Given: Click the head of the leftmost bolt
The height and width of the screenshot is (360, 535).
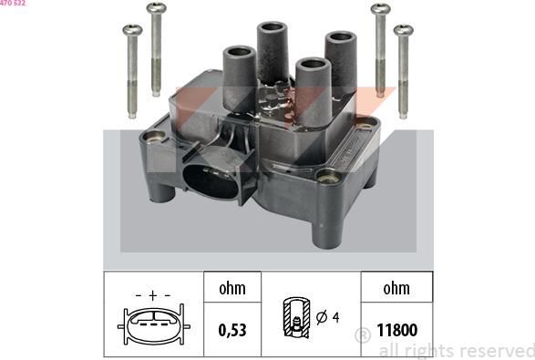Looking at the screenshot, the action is point(132,30).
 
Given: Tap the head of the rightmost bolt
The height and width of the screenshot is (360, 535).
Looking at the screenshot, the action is point(403,30).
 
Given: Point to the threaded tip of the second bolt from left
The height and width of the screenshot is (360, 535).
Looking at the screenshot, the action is point(156,91).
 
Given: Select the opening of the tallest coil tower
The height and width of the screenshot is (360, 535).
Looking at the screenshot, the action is point(272,26).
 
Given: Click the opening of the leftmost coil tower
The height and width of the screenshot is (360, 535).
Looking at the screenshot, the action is point(239,52).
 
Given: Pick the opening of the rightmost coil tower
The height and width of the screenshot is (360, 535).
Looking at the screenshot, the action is point(341,36).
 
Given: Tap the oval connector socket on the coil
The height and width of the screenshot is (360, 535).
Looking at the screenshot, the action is point(211,181).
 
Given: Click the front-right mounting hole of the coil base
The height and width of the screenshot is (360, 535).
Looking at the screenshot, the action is point(328,177).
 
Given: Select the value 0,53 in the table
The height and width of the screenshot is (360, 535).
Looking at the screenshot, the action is point(232,330).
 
